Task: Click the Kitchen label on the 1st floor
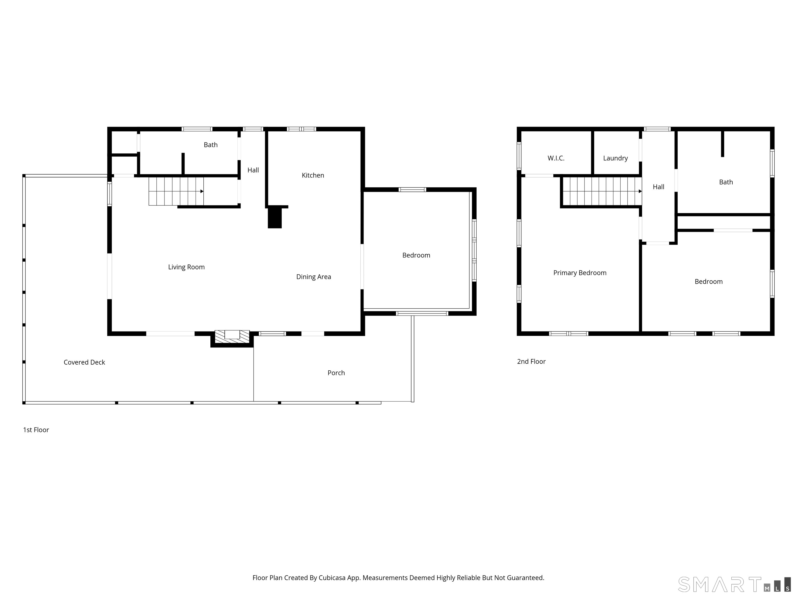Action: point(313,175)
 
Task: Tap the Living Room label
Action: point(186,267)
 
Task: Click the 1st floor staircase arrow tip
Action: point(202,191)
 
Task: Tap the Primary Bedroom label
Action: point(580,273)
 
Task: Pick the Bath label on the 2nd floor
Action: point(726,182)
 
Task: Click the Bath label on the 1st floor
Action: point(210,145)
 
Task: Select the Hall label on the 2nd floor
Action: point(658,187)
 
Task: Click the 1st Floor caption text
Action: point(36,430)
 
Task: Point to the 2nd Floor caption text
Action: point(531,362)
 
